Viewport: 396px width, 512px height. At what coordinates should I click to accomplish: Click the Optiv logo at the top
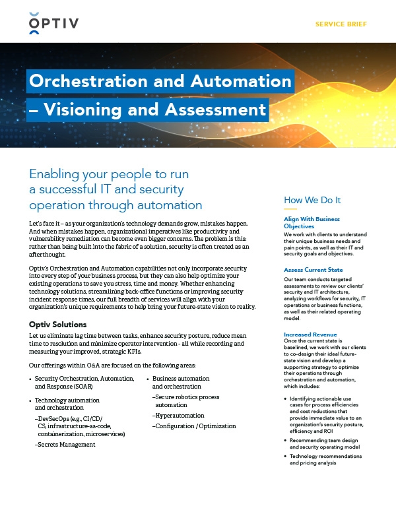[53, 24]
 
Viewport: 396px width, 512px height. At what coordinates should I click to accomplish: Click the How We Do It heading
[312, 200]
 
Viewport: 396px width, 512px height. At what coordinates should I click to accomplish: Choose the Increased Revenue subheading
[310, 335]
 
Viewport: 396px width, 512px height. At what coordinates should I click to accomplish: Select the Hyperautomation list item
[180, 416]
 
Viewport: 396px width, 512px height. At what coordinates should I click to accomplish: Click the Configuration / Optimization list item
[195, 426]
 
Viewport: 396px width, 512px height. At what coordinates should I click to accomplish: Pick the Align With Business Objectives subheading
[312, 222]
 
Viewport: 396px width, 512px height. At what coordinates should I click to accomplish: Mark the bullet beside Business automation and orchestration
[147, 379]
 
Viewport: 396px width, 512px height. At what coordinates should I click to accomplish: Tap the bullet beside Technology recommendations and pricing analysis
[284, 457]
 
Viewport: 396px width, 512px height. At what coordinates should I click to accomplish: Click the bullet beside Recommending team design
[284, 439]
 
